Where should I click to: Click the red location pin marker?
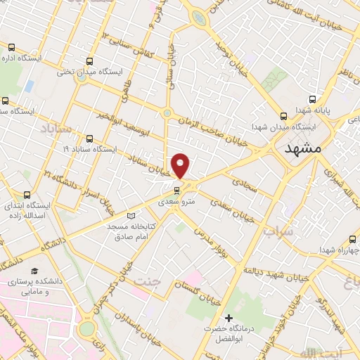tap(181, 165)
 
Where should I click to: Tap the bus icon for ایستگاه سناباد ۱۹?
tap(90, 139)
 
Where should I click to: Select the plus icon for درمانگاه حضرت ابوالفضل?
tap(227, 318)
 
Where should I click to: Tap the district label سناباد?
tap(56, 130)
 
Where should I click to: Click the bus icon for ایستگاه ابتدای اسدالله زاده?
tap(27, 195)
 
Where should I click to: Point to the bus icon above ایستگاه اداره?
tap(11, 47)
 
